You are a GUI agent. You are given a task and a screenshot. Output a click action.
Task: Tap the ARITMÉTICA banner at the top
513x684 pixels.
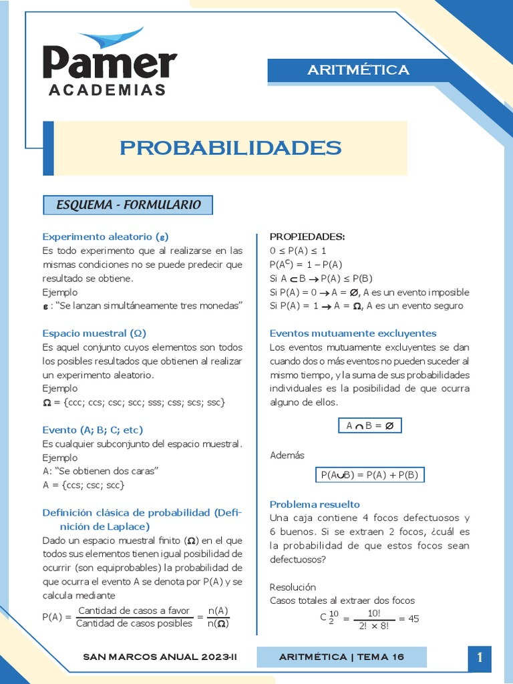point(358,70)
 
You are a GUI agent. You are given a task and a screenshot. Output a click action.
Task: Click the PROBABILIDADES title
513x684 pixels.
point(230,148)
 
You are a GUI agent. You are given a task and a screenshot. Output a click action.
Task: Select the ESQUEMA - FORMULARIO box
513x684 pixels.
point(128,205)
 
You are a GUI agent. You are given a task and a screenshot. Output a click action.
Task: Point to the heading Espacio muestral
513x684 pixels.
point(94,333)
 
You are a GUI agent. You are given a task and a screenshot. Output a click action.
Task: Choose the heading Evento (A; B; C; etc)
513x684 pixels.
point(93,430)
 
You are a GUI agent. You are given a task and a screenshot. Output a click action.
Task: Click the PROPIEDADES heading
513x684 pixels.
point(307,236)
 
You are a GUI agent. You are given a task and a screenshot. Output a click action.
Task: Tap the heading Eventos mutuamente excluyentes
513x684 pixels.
point(353,333)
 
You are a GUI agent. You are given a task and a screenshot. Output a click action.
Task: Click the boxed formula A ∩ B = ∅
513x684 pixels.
point(369,425)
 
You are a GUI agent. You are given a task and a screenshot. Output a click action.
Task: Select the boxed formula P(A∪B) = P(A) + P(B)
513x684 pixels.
point(369,475)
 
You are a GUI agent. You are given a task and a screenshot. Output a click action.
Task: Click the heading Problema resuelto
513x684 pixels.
point(315,504)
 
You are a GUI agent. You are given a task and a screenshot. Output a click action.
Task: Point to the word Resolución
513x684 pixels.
point(293,586)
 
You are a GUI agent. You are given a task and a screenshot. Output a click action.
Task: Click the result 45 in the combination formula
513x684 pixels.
point(413,619)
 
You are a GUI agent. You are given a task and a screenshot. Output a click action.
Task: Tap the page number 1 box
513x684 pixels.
point(480,657)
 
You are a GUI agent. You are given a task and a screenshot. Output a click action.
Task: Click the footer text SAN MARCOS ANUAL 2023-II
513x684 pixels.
point(160,657)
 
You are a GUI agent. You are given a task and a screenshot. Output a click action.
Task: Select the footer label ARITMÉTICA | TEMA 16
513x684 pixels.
point(341,657)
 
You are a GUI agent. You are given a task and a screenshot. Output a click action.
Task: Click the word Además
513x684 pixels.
point(287,455)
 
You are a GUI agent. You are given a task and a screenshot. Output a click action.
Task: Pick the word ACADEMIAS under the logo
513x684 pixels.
point(107,90)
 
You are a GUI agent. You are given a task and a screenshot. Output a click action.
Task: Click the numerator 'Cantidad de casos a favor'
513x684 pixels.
point(134,611)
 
